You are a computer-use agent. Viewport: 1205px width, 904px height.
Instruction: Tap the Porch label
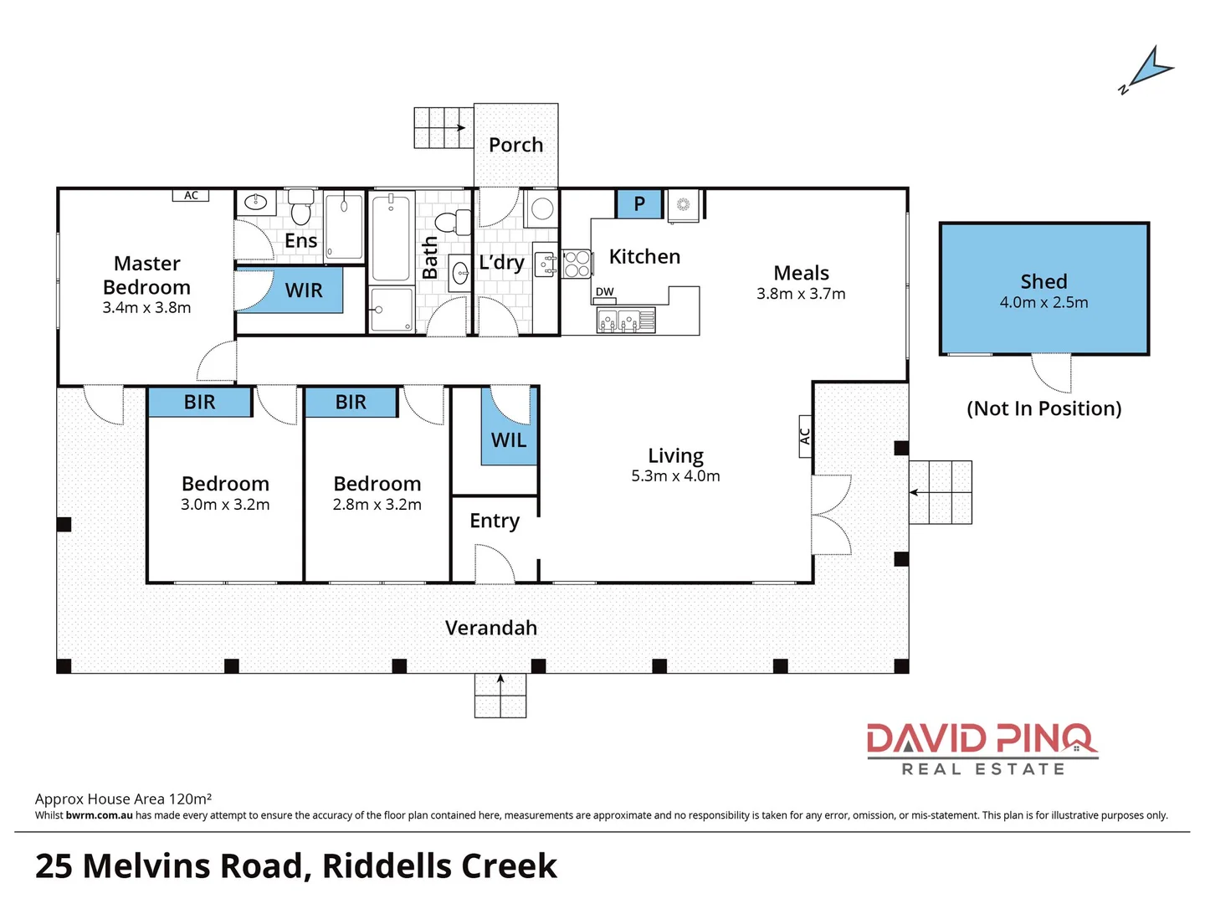(515, 145)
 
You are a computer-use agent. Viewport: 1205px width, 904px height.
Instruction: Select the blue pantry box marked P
(639, 203)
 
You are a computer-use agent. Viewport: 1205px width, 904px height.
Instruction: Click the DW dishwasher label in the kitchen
(604, 292)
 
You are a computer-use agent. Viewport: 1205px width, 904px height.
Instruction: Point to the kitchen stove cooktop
(577, 264)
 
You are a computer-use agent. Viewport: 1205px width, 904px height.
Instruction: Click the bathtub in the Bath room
(390, 238)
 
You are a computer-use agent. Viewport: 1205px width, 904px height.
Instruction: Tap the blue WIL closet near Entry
(508, 439)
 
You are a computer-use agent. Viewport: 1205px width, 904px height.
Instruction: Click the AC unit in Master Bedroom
(191, 195)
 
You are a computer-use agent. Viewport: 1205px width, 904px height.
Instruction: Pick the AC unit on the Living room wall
(805, 436)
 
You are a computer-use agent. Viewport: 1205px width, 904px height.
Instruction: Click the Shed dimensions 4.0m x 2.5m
(1043, 303)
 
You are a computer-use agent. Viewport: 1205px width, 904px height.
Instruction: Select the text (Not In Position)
(1043, 408)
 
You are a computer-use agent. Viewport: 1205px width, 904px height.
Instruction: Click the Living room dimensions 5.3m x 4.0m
(675, 476)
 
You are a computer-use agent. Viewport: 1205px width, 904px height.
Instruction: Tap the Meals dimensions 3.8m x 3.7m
(801, 294)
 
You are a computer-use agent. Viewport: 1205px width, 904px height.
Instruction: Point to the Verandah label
(491, 628)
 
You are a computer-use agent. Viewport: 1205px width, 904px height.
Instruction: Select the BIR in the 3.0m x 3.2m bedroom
(200, 403)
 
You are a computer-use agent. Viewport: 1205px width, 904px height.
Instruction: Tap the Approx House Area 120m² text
(123, 799)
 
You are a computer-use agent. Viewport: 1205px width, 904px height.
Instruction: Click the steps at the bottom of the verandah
(500, 696)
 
